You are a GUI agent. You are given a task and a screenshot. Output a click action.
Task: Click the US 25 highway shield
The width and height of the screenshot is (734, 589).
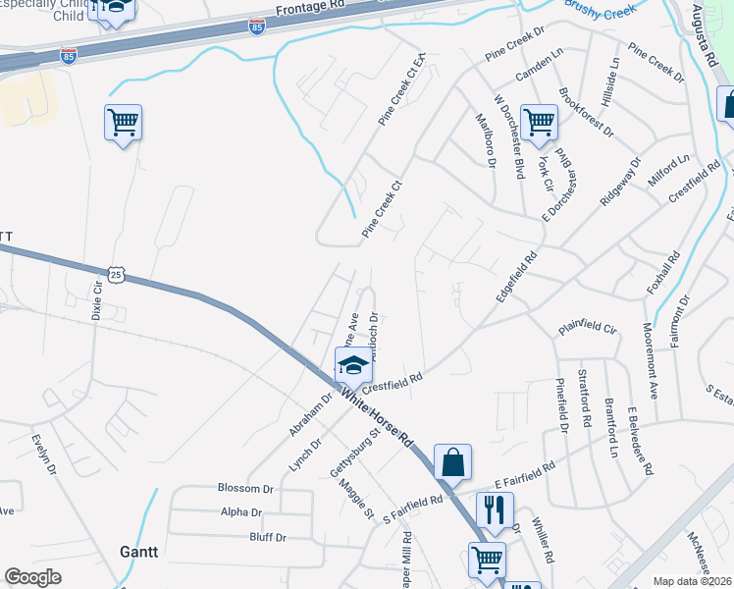[x=116, y=274]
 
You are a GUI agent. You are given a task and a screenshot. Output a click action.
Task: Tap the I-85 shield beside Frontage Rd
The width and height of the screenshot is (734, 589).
[x=256, y=26]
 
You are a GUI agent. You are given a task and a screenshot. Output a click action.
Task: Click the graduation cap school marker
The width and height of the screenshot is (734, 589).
[x=353, y=367]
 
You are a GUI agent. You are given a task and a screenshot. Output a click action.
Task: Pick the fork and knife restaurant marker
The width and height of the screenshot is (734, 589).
[x=494, y=509]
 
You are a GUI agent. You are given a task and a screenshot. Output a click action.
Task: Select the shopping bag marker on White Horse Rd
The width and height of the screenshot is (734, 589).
[x=452, y=461]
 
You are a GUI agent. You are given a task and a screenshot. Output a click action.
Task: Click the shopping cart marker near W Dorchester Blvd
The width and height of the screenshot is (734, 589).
[x=539, y=122]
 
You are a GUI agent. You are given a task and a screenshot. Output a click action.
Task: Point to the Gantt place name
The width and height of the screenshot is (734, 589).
[x=138, y=552]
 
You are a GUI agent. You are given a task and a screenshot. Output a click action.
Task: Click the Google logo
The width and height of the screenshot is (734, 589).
[x=33, y=577]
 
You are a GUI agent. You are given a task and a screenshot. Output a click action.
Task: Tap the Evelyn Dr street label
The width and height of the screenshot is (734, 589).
[x=47, y=455]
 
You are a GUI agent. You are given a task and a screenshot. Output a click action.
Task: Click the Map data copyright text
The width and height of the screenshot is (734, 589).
[x=693, y=580]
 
